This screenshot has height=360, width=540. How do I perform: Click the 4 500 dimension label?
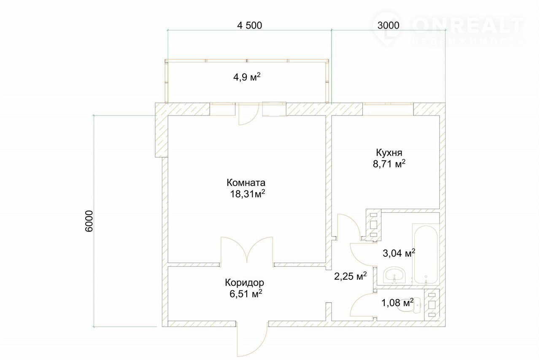click(249, 25)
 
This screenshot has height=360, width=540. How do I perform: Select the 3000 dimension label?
click(389, 25)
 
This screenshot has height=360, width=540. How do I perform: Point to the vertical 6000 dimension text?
click(89, 221)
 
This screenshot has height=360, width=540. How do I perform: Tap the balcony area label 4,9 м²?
click(247, 77)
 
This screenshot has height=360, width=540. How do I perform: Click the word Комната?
click(246, 183)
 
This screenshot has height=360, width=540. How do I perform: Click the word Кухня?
click(389, 153)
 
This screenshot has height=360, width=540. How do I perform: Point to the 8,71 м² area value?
click(389, 164)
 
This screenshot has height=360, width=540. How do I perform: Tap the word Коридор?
click(244, 282)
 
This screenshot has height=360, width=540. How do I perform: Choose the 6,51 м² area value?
click(246, 294)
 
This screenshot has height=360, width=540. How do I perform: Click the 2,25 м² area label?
click(350, 276)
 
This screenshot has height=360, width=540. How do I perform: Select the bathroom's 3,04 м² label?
click(399, 253)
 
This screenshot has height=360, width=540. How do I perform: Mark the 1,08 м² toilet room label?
click(397, 303)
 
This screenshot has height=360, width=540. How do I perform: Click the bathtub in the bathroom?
click(426, 254)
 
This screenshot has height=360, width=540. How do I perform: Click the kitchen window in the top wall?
click(388, 104)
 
